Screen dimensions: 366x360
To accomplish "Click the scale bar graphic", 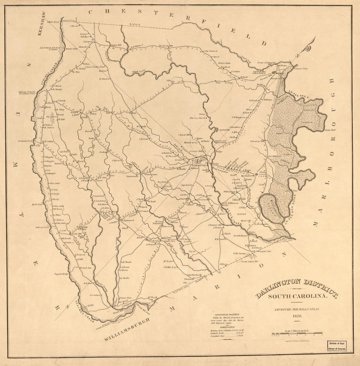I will pos(297,334).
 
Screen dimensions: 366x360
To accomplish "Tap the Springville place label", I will pos(225,130).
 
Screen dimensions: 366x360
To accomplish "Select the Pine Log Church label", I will pos(197,118).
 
